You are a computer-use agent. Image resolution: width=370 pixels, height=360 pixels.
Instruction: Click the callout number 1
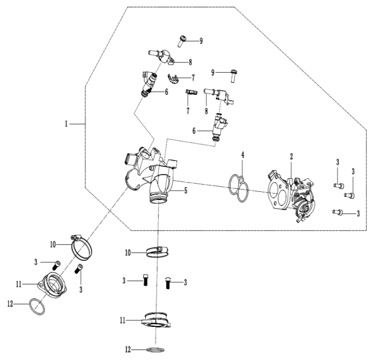pos(67,125)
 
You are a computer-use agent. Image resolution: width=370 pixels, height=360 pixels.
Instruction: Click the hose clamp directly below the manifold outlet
pos(158,251)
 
